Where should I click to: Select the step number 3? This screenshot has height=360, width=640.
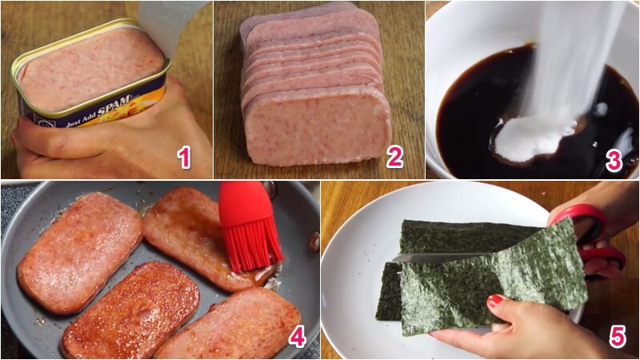(614, 159)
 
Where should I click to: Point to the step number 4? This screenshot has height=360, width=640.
(297, 336)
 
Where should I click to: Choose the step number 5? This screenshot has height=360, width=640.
(617, 336)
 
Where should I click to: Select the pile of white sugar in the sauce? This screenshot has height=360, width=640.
(528, 140)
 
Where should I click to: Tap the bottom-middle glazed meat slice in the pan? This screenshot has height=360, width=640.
(132, 308)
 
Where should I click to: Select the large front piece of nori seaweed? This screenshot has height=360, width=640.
(488, 280)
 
